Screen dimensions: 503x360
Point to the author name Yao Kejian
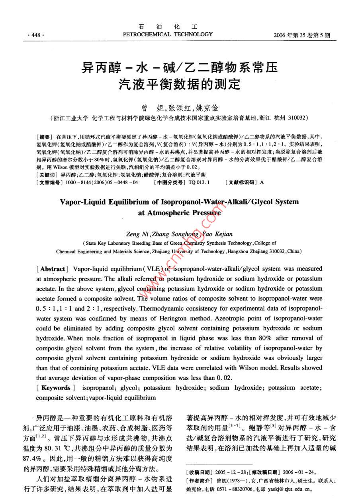[x=217, y=234]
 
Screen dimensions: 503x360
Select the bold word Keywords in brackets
[x=55, y=387]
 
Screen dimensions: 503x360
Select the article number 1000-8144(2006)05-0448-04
[x=101, y=182]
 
